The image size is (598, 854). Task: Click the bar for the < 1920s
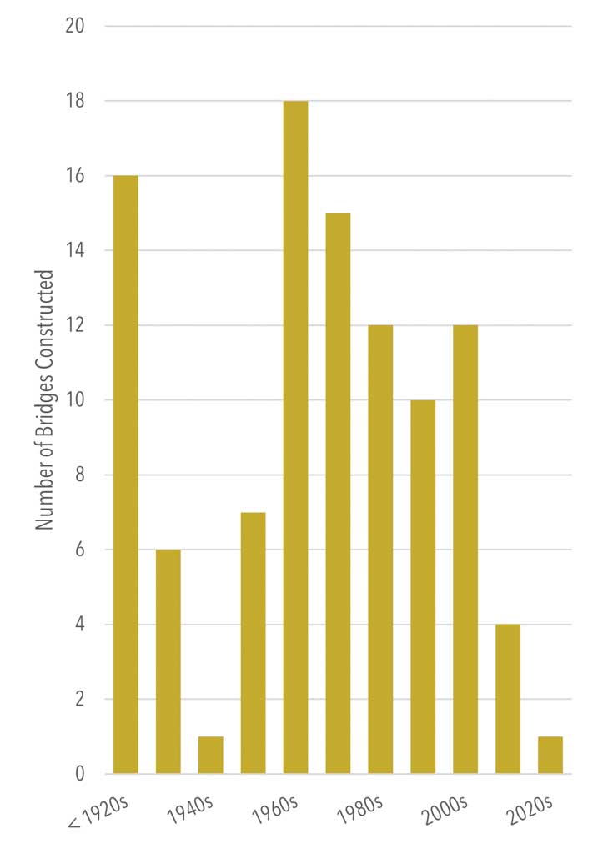(126, 475)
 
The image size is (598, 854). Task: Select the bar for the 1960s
(295, 437)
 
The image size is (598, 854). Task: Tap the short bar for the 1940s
(210, 755)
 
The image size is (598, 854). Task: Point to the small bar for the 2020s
(550, 755)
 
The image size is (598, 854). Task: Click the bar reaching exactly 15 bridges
(338, 493)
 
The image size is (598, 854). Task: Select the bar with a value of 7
(253, 643)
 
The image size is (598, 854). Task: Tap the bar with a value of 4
(507, 699)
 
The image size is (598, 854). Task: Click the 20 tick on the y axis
(76, 27)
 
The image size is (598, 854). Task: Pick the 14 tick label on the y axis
(76, 250)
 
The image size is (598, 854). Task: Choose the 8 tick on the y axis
(80, 475)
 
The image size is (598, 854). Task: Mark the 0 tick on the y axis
(80, 774)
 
